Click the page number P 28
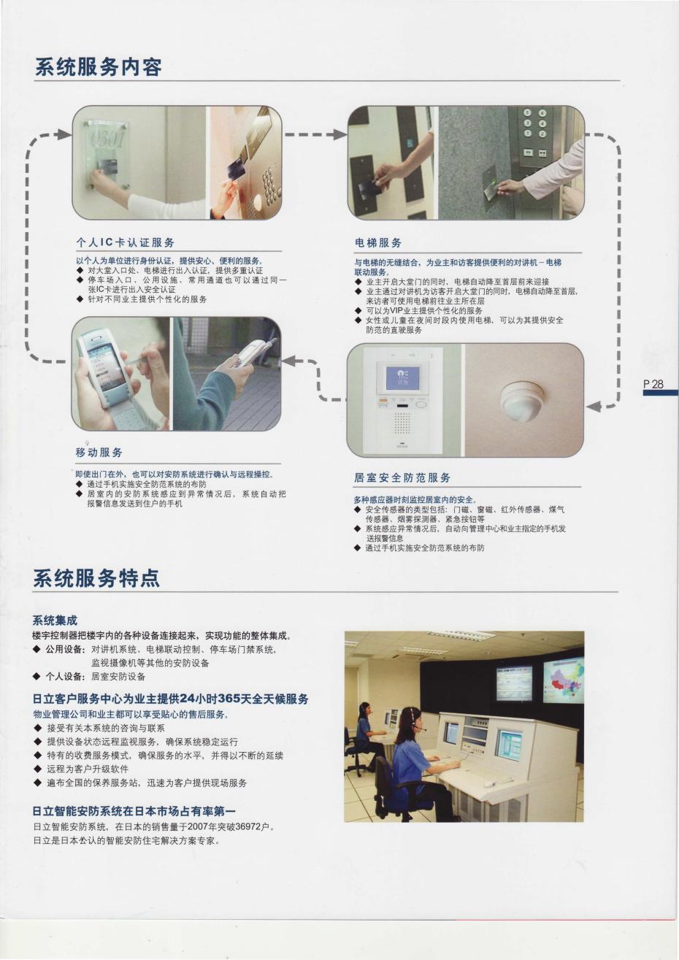pos(653,384)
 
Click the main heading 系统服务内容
pos(98,67)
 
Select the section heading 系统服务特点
pos(96,578)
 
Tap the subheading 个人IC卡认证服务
pos(125,242)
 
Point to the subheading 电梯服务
pos(378,243)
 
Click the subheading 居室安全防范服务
pos(402,477)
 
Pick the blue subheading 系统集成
pos(55,620)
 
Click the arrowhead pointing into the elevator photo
pos(340,134)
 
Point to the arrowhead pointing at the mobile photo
pos(289,361)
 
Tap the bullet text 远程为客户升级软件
pos(88,769)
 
